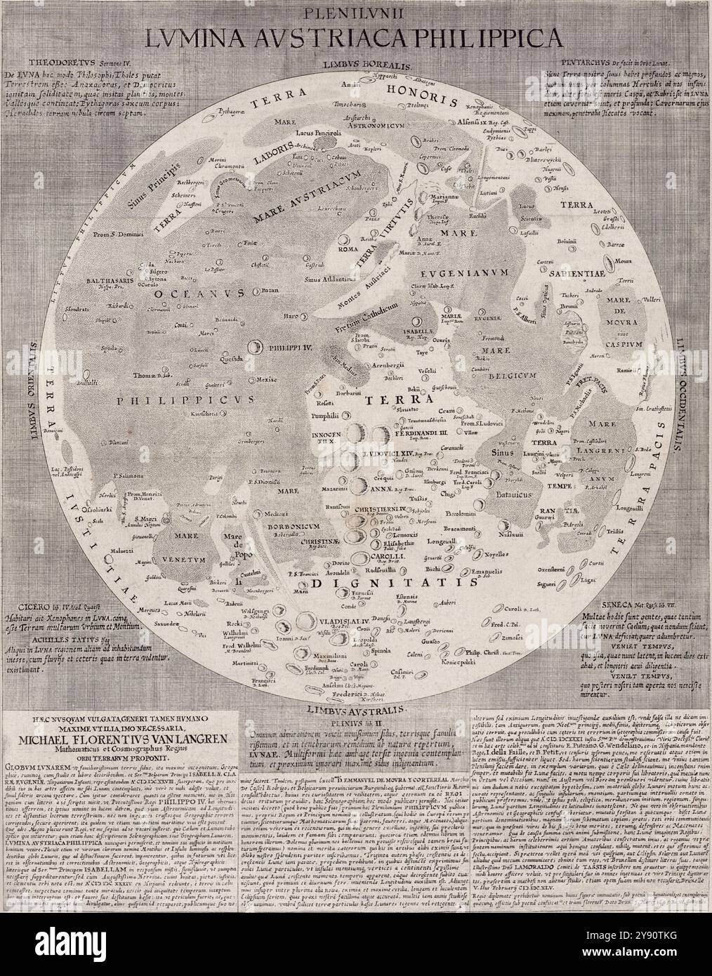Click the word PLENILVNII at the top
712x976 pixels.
355,13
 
